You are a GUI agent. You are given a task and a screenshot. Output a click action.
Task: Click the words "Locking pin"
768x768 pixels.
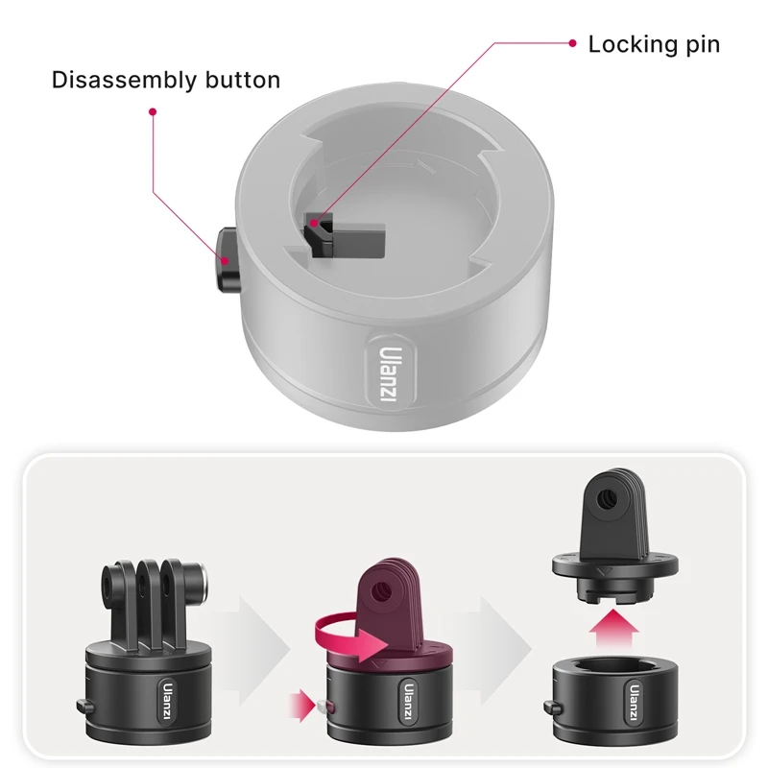pyautogui.click(x=653, y=44)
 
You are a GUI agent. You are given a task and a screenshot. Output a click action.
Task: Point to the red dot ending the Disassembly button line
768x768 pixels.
pyautogui.click(x=152, y=111)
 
